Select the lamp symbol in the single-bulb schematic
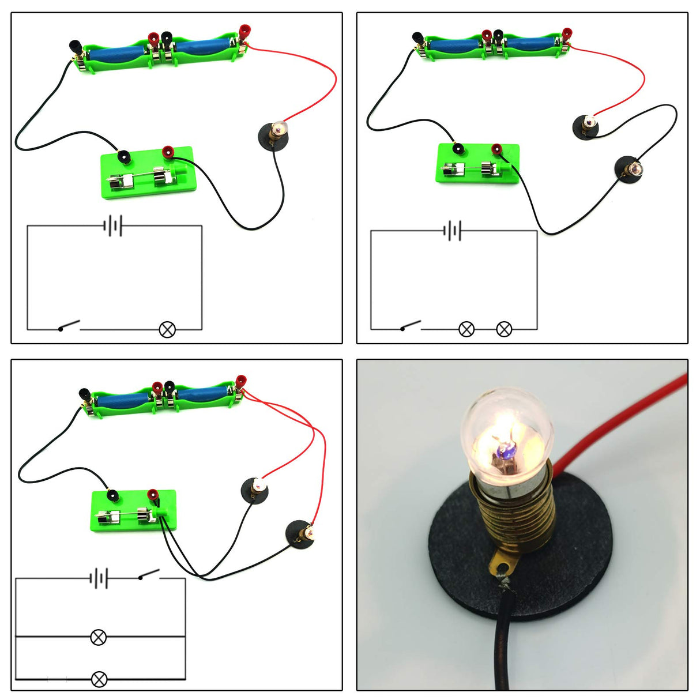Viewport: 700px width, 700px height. point(167,330)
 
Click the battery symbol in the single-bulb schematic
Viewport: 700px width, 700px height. point(113,226)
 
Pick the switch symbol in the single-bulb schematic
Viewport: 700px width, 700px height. point(69,326)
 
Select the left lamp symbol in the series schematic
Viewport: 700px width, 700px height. point(466,329)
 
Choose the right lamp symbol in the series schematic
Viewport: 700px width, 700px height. point(504,329)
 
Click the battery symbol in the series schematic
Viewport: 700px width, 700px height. point(453,231)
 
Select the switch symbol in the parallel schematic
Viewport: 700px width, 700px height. point(148,575)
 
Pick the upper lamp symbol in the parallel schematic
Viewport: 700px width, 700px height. point(99,637)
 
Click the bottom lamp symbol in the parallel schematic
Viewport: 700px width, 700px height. point(99,679)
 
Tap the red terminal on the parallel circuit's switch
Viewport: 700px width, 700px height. point(153,495)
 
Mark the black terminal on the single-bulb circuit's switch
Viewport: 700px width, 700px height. point(123,156)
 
